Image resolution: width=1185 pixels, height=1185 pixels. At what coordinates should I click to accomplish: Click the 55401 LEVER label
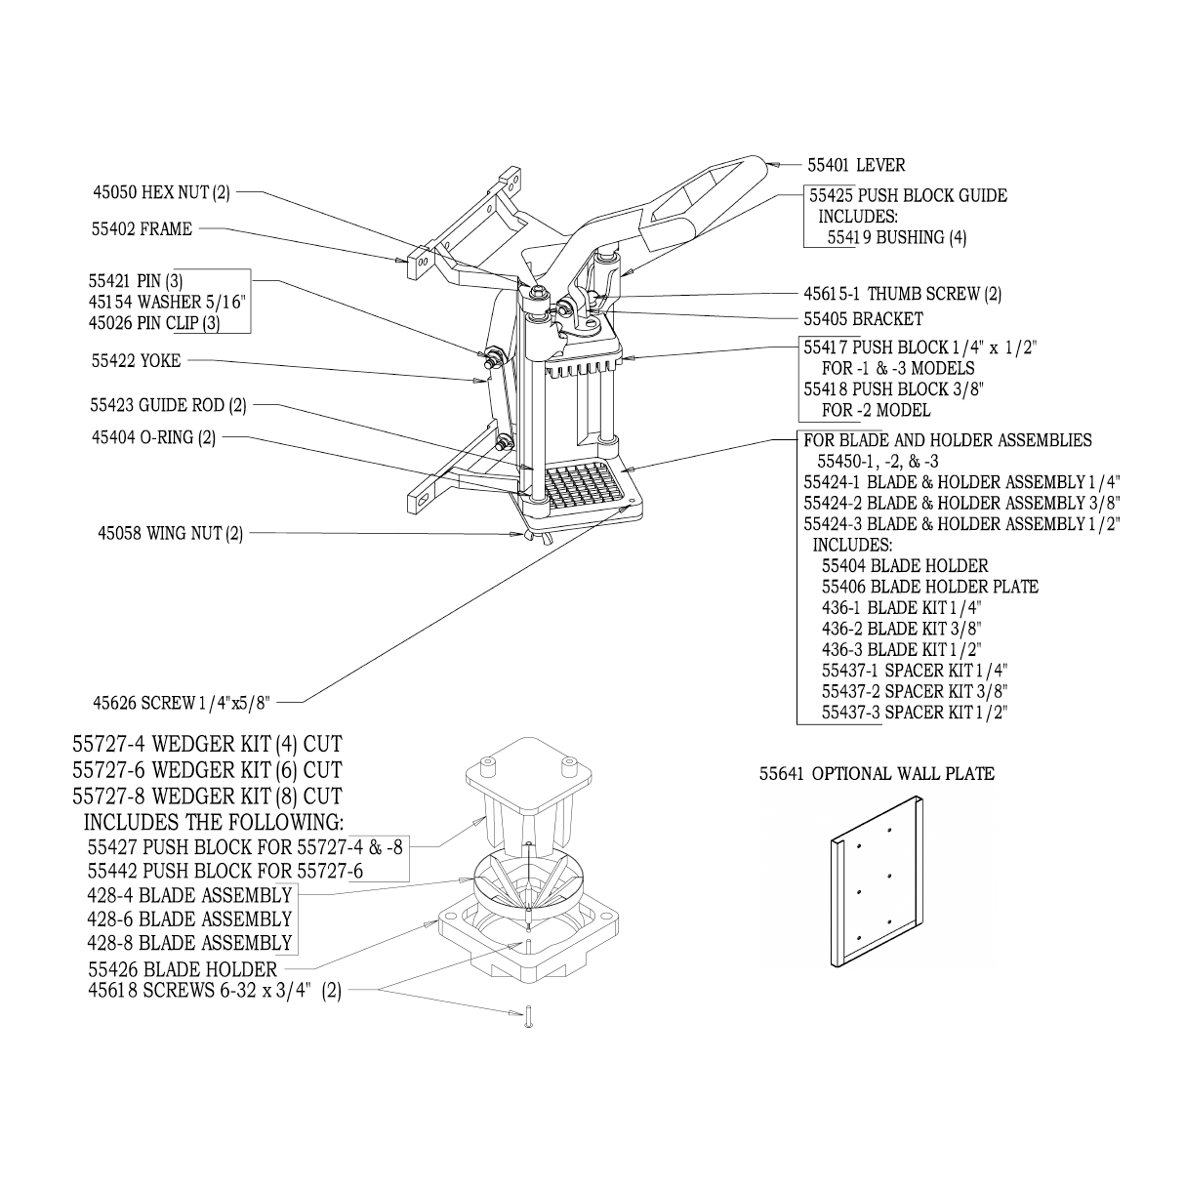tap(855, 166)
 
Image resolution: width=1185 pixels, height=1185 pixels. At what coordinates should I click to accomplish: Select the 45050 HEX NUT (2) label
tap(161, 193)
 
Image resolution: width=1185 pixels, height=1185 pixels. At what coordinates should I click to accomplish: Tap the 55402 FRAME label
tap(142, 229)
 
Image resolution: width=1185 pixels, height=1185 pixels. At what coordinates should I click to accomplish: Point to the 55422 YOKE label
tap(136, 361)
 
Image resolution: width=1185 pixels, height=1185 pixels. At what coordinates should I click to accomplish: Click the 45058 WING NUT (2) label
tap(171, 534)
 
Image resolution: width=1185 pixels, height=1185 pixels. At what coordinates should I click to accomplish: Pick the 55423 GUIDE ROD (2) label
tap(168, 405)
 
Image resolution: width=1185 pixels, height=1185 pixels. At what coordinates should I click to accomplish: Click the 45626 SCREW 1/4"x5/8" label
tap(181, 702)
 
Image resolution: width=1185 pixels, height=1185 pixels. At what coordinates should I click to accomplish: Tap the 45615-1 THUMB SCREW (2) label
tap(902, 294)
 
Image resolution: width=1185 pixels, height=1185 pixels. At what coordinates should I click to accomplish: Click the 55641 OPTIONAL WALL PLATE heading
tap(877, 774)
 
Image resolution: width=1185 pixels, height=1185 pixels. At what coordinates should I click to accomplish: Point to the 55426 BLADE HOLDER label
tap(183, 970)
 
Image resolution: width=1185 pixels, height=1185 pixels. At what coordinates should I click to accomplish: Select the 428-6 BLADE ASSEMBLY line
tap(189, 919)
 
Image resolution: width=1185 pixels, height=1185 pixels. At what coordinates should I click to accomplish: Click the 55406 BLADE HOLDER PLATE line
tap(929, 587)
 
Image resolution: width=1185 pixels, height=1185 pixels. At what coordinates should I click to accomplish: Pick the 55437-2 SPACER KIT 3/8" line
tap(915, 691)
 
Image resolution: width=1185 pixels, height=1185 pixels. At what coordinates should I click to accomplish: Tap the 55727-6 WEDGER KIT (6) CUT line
tap(208, 770)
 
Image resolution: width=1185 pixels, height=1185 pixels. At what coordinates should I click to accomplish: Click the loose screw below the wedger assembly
tap(528, 1019)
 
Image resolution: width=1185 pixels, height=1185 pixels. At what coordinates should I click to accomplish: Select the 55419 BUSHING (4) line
tap(896, 237)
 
